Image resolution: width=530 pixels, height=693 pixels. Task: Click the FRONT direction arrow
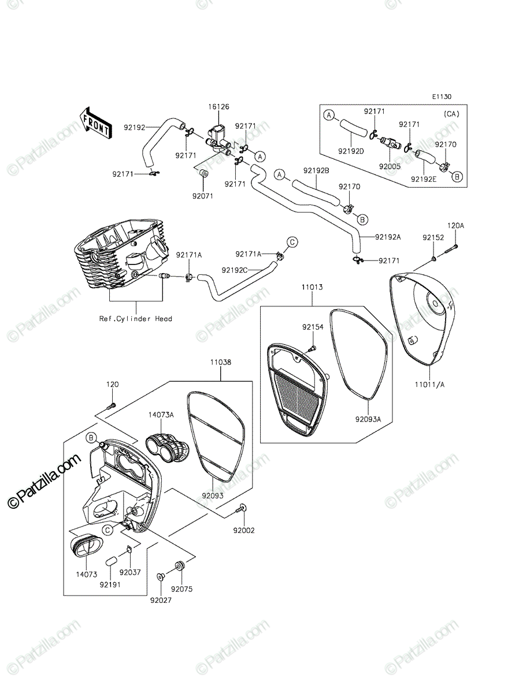point(95,124)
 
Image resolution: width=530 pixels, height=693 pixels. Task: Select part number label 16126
point(218,107)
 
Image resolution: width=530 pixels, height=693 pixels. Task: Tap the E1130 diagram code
point(442,96)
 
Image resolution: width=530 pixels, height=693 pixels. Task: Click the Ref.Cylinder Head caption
point(136,319)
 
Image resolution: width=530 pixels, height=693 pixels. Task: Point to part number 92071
point(203,196)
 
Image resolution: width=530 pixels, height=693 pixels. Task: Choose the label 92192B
point(316,170)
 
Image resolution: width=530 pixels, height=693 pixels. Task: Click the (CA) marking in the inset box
point(451,114)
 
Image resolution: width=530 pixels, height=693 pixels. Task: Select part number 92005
point(390,166)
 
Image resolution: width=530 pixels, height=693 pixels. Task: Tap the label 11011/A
point(429,385)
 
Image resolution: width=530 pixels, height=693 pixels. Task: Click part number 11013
point(312,287)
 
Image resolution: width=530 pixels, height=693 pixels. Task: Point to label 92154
point(313,327)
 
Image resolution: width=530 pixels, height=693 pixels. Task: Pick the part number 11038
point(220,362)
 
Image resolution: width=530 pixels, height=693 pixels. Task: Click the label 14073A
point(161,415)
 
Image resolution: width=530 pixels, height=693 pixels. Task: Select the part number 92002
point(244,531)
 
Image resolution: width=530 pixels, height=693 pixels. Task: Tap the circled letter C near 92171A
point(292,242)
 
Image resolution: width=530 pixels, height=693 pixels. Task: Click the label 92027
point(161,600)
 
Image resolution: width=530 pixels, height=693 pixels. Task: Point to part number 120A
point(456,226)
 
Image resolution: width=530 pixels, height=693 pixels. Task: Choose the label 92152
point(433,237)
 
